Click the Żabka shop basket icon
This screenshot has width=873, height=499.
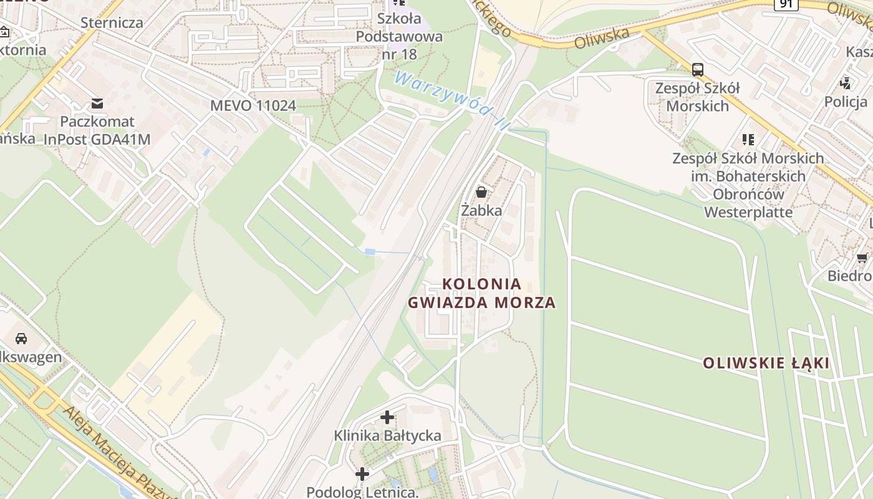pos(481,191)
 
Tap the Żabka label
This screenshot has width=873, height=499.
pos(481,210)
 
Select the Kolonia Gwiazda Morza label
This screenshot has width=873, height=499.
pos(481,293)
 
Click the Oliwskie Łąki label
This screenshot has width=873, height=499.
pos(766,362)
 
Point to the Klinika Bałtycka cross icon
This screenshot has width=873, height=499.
pos(387,417)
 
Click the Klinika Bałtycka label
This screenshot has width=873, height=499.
pos(387,435)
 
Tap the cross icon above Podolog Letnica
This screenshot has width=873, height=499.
pos(362,474)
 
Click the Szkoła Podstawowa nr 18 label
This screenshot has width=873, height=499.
pos(399,36)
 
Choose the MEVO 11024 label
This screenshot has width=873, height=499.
pos(253,105)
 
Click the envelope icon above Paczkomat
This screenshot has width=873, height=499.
pos(97,103)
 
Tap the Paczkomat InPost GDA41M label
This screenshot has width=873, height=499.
pos(97,130)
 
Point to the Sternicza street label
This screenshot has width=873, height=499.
pos(112,23)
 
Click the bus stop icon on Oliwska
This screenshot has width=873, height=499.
pos(698,69)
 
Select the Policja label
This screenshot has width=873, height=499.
pos(846,102)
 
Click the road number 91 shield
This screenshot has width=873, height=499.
pos(786,4)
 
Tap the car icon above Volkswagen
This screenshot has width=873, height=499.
pos(21,339)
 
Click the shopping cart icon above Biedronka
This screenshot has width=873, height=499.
pos(862,258)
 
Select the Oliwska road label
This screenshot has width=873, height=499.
pos(602,37)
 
